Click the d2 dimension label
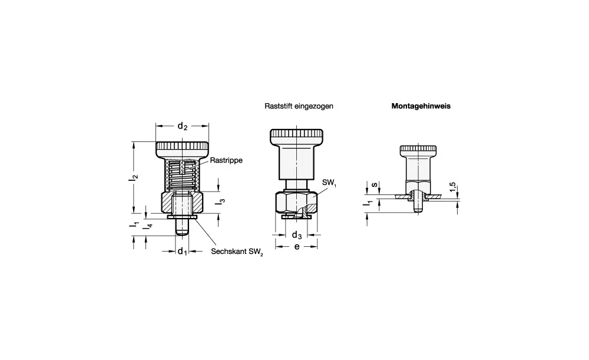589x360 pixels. [x=182, y=126]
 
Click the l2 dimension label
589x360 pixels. [x=135, y=176]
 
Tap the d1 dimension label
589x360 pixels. [x=182, y=251]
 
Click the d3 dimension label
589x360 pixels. [x=297, y=235]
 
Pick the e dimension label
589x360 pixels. [x=297, y=247]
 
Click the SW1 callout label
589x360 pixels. [x=329, y=183]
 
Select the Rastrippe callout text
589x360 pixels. [x=226, y=160]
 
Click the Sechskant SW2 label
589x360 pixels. [x=237, y=252]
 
